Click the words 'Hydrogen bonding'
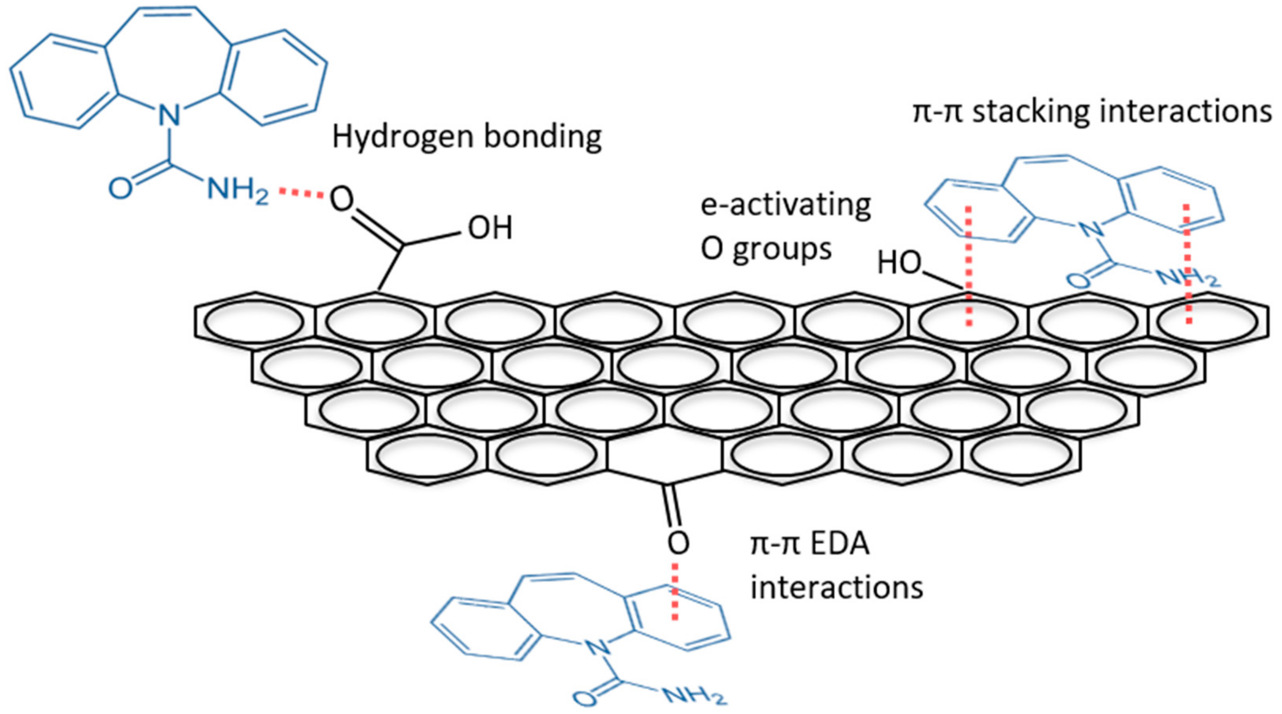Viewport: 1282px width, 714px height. coord(467,137)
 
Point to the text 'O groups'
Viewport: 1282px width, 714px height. coord(766,248)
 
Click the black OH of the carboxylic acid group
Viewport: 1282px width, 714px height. coord(490,228)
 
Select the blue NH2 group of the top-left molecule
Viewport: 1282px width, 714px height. coord(238,190)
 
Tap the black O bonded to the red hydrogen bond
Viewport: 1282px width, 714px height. coord(342,199)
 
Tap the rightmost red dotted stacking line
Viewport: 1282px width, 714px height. coord(1187,264)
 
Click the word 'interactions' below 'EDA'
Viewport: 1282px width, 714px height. coord(836,587)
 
